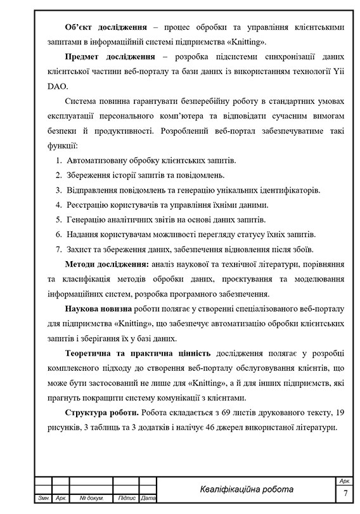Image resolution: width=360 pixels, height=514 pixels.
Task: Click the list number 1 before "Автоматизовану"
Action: (x=58, y=161)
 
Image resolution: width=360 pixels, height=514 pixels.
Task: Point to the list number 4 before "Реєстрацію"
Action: (x=58, y=205)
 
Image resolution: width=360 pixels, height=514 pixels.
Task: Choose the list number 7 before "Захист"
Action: (x=58, y=249)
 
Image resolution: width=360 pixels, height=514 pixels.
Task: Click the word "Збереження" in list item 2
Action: (x=91, y=176)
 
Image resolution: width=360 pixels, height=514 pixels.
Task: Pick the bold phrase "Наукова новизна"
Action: (x=99, y=309)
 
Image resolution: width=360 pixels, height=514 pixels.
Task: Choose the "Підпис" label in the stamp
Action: (x=127, y=499)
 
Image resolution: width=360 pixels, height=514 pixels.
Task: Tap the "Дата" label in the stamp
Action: (x=148, y=499)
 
